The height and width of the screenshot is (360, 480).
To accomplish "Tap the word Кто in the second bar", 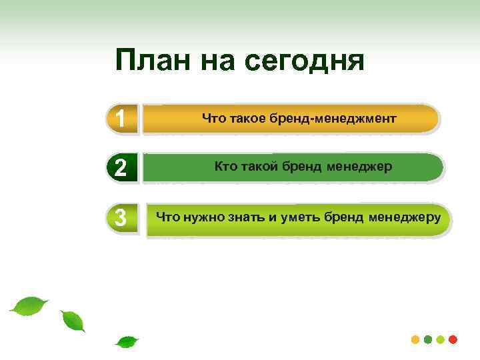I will tap(225, 166).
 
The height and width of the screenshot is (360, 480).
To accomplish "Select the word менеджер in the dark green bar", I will tap(359, 166).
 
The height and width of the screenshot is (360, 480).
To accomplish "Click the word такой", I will tap(261, 166).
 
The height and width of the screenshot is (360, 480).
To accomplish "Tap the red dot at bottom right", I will tap(453, 339).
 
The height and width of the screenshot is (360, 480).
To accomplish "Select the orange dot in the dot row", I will tap(415, 339).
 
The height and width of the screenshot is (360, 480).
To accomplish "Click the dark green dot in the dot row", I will tap(428, 339).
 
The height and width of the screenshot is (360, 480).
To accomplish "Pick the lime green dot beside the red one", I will tap(441, 339).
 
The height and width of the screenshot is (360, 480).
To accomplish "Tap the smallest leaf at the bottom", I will tap(126, 342).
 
